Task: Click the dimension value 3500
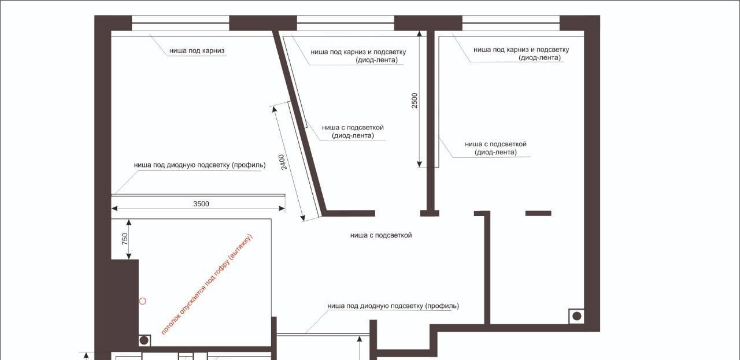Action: click(201, 204)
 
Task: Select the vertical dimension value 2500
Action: click(415, 101)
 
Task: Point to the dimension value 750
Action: click(124, 239)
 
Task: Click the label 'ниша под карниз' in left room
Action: click(197, 50)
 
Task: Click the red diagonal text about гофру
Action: click(207, 284)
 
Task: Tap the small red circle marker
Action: click(143, 301)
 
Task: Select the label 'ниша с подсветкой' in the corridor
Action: click(381, 235)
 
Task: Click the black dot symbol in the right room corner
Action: click(576, 316)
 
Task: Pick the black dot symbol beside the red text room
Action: click(144, 340)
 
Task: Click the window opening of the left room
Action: click(180, 23)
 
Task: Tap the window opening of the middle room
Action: click(346, 23)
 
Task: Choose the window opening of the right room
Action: click(510, 23)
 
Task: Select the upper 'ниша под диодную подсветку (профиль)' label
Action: click(199, 165)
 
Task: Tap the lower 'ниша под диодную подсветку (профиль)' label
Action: click(393, 306)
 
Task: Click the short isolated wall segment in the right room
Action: click(538, 213)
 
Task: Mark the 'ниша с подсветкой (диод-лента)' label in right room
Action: click(495, 148)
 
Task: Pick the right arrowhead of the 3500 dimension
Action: click(282, 209)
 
